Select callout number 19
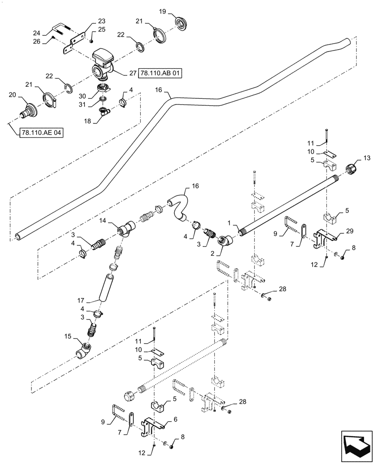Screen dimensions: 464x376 (x=149, y=11)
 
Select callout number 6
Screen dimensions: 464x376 (x=175, y=419)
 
